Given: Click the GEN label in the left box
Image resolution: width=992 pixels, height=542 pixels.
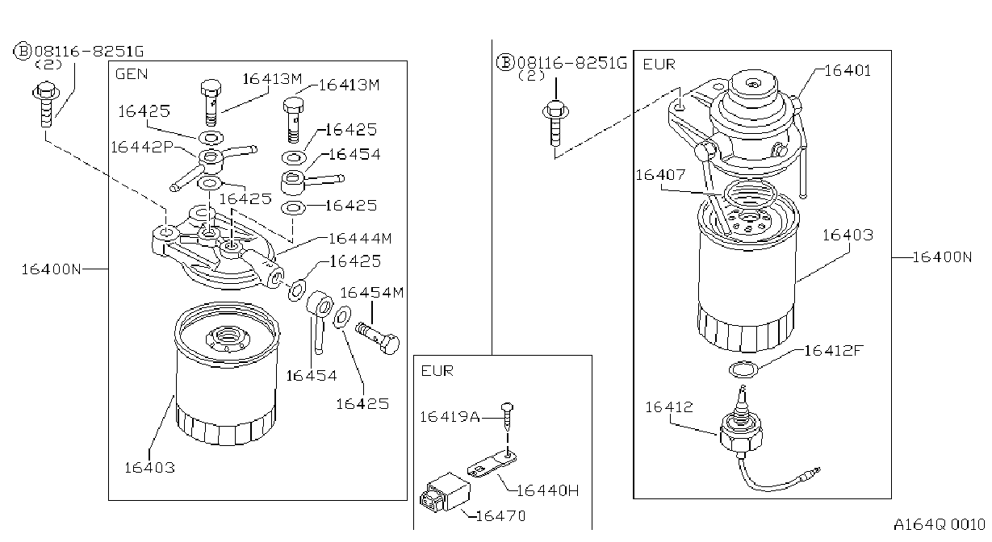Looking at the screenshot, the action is [132, 74].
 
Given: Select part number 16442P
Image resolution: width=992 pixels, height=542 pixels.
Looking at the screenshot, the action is [142, 147].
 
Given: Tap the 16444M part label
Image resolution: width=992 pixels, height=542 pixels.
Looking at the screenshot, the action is [361, 239].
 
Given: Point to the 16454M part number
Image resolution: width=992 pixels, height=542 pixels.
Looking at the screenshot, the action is [372, 293].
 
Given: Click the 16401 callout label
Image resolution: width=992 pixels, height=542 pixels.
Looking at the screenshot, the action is [848, 70].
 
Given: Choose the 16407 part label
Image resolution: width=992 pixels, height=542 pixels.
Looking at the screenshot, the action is [661, 175].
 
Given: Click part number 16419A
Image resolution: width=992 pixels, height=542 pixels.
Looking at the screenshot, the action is [450, 417].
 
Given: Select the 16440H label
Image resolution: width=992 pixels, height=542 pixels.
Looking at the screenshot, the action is [548, 490].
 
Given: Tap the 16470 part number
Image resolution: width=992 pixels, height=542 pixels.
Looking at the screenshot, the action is [500, 516].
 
